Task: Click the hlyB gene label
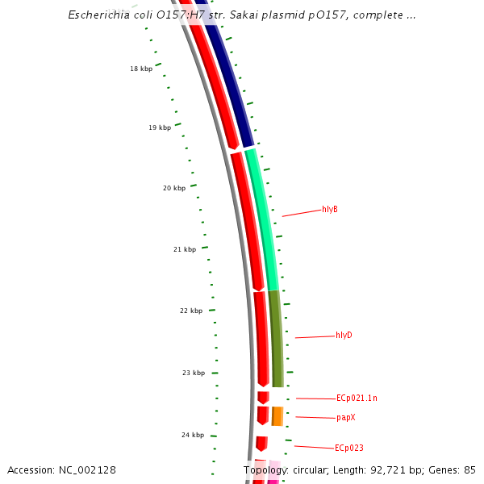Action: point(329,210)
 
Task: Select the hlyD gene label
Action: point(344,336)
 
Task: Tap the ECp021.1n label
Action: point(357,398)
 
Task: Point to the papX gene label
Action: point(346,418)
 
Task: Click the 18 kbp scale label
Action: point(141,69)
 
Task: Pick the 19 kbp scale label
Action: point(160,128)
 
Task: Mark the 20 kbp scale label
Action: point(174,189)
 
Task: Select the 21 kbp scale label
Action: point(185,250)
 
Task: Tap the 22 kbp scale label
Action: point(191,311)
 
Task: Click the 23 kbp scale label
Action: point(194,373)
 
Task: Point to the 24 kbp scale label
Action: point(193,436)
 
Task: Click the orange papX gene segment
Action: point(277,416)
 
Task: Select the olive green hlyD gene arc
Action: point(276,339)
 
